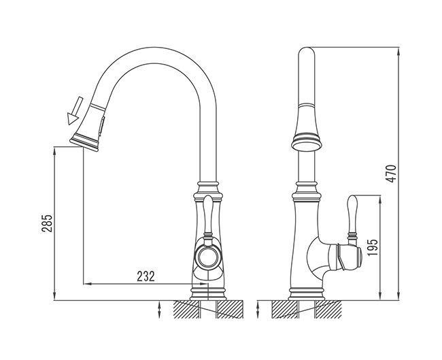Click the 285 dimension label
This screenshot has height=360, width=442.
point(47,223)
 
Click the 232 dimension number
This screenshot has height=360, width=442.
point(146,276)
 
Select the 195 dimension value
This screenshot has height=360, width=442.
point(373,248)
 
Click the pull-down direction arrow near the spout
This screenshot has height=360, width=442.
point(75,111)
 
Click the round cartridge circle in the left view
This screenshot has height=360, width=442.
point(209,257)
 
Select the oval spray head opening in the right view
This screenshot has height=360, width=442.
point(307,146)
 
